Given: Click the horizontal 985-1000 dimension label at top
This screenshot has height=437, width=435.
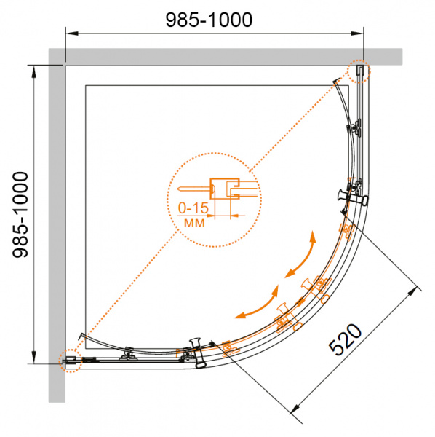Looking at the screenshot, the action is pos(209,20).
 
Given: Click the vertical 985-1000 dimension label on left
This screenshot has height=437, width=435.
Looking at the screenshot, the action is pos(20,215).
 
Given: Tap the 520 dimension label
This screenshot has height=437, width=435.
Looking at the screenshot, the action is pos(345,339).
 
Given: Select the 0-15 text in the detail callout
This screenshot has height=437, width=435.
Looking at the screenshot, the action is pos(193,208).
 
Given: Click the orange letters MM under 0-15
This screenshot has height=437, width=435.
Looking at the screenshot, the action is pos(194,224).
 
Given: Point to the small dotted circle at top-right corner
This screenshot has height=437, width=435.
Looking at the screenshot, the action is pos(359,71).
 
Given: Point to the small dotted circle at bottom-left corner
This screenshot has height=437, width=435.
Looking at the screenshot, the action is pos(70,361).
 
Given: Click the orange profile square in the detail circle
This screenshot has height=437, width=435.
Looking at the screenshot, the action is pos(225,189).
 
